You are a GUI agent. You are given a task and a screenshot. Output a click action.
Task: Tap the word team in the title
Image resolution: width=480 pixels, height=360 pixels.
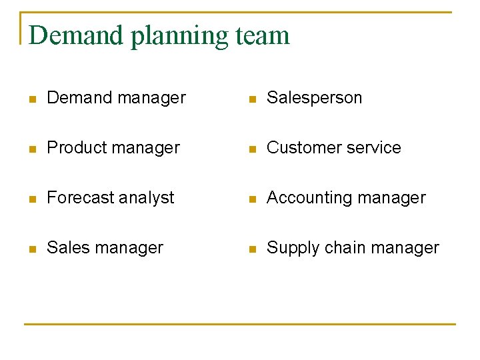[x=263, y=35]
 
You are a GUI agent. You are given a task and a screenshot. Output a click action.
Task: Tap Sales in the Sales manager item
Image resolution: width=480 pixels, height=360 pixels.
[x=67, y=248]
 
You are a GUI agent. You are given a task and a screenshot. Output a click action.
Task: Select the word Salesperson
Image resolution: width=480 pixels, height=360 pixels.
[x=314, y=98]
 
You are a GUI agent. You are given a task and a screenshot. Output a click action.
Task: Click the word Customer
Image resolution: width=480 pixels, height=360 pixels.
[x=301, y=148]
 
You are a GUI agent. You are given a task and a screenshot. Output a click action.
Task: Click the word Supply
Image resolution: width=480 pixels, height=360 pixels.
[x=290, y=249]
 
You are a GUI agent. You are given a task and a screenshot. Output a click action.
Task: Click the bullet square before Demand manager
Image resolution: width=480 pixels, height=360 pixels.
[x=32, y=99]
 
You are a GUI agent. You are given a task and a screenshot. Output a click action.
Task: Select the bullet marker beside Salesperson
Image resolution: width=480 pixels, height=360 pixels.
[x=251, y=99]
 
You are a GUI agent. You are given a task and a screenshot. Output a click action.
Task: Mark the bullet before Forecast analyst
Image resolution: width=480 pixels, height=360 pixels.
[x=32, y=199]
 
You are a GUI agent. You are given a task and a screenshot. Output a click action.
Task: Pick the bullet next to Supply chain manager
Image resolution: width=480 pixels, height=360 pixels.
[x=251, y=249]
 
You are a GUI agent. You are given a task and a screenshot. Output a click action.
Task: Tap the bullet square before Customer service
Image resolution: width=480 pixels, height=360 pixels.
[x=251, y=149]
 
